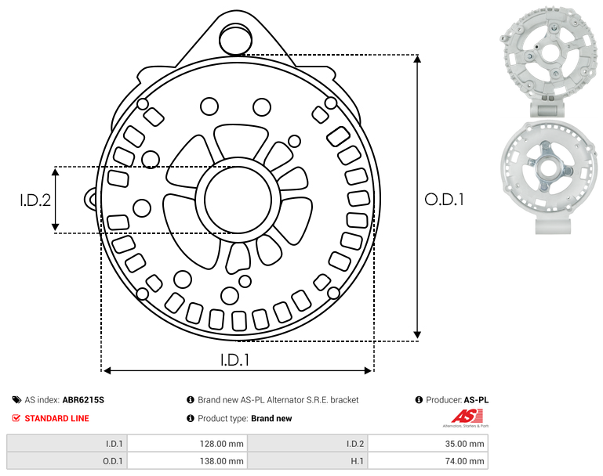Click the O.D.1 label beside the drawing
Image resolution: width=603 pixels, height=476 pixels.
coord(444,200)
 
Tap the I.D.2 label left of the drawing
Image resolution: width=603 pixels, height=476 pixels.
coord(35,200)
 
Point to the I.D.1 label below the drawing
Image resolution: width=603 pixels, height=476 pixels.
coord(235,360)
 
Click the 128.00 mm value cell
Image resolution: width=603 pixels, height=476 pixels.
coord(187,444)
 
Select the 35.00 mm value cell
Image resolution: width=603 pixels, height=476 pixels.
coord(427,444)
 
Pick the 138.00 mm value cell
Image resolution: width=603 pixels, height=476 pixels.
coord(187,460)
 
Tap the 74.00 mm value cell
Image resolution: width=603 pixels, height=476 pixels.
coord(427,460)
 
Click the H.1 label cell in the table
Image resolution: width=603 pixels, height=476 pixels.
coord(307,460)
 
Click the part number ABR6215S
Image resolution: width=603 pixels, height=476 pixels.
coord(83,400)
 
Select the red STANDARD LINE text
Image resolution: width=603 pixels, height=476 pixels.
coord(57,418)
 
